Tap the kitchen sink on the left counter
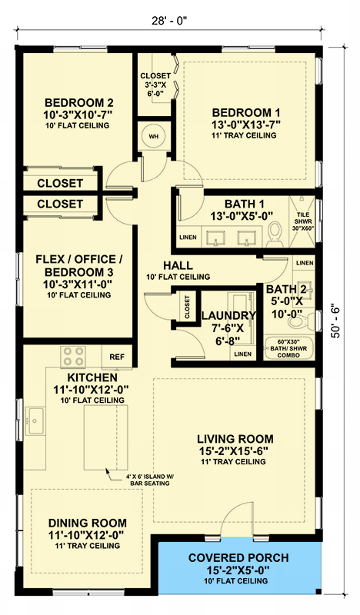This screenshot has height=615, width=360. click(x=34, y=420)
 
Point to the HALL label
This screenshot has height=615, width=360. click(x=178, y=265)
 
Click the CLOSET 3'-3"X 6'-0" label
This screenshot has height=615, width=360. click(x=155, y=85)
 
